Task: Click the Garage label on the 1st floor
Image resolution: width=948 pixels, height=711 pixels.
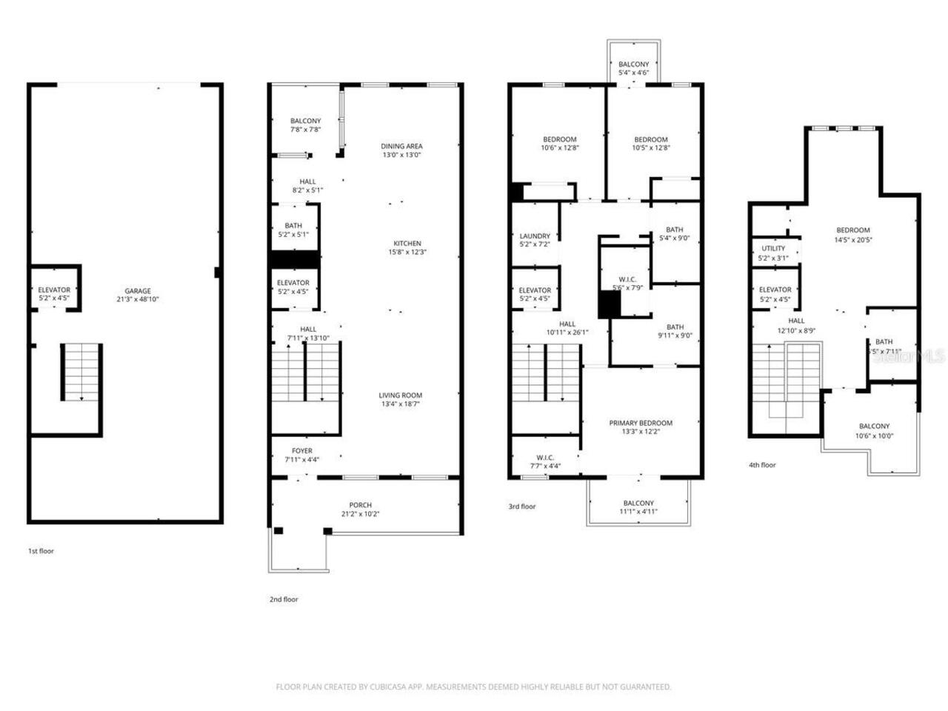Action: click(x=138, y=291)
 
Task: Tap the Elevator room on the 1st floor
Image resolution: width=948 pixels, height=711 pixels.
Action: click(x=54, y=293)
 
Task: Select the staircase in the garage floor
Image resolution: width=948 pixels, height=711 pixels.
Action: click(x=81, y=372)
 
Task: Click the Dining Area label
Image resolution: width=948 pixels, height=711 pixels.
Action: click(x=401, y=146)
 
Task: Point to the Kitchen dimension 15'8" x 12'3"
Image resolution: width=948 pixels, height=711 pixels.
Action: click(x=407, y=252)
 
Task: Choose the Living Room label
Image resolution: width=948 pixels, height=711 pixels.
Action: click(x=401, y=395)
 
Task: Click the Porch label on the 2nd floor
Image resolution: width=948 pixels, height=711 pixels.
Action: click(x=361, y=505)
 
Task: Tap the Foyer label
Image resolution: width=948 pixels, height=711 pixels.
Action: click(x=301, y=450)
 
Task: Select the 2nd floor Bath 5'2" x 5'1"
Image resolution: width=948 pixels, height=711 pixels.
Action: click(x=293, y=230)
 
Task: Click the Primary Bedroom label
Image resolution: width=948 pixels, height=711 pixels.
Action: click(x=641, y=423)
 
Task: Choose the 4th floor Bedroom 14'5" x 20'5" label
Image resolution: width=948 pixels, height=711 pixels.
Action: click(x=852, y=230)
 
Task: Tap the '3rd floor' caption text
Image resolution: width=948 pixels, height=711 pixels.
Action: click(x=521, y=507)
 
